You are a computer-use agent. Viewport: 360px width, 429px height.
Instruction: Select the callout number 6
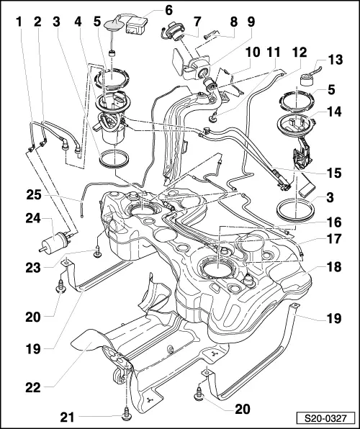(168, 11)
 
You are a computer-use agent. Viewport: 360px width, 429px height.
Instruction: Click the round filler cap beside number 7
(174, 32)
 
